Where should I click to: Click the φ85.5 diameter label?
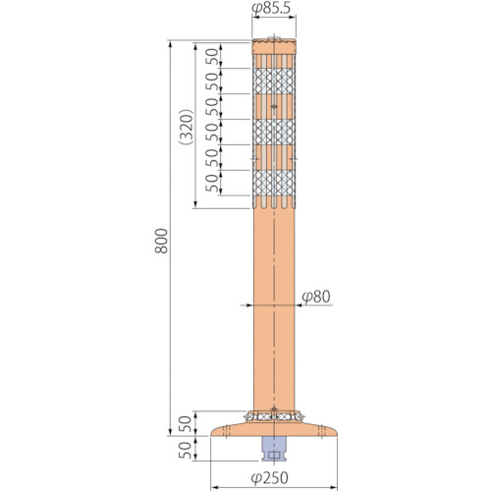(271, 9)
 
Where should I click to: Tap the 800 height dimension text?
(161, 241)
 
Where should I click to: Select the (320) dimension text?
(187, 127)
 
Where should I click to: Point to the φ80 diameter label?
(316, 297)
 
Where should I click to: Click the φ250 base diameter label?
(270, 478)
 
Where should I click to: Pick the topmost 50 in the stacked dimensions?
(212, 57)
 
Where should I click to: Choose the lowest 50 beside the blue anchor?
(185, 451)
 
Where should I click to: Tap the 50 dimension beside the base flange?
(185, 424)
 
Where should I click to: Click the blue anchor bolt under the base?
(274, 449)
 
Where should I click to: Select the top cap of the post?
(274, 46)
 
